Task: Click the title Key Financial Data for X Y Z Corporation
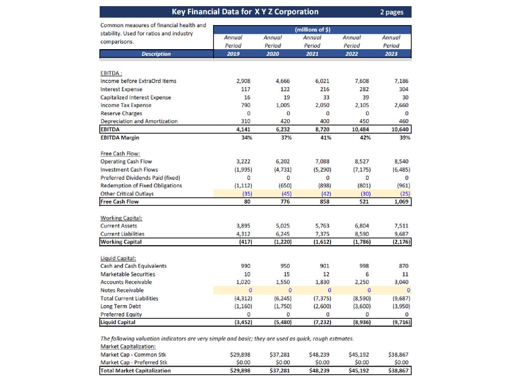click(x=245, y=12)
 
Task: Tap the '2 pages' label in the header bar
click(x=392, y=12)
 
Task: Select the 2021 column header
click(x=312, y=54)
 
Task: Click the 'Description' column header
click(x=156, y=54)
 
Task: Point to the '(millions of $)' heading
click(x=313, y=29)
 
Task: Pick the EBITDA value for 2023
click(x=400, y=130)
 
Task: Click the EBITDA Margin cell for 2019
click(x=247, y=137)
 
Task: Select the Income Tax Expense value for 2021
click(x=322, y=105)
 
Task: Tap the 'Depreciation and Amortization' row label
click(x=139, y=121)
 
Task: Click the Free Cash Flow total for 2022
click(x=364, y=201)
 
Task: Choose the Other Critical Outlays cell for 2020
click(x=287, y=194)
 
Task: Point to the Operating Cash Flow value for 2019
click(x=243, y=161)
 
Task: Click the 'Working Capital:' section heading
click(x=121, y=218)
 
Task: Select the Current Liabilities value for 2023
click(x=402, y=234)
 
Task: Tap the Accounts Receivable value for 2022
click(x=362, y=282)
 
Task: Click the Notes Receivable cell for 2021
click(x=329, y=290)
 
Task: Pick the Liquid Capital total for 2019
click(x=243, y=322)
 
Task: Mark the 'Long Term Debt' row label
click(x=121, y=306)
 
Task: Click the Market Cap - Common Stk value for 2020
click(x=280, y=354)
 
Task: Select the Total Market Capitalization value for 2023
click(x=398, y=370)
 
